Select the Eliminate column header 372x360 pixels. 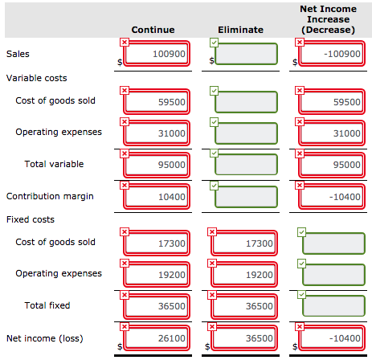[240, 30]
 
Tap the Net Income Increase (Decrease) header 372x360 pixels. [327, 19]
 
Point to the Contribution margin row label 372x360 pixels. [50, 196]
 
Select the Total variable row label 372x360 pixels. [54, 164]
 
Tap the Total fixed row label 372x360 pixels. [47, 305]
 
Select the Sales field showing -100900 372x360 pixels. [329, 54]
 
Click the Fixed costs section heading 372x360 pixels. [28, 219]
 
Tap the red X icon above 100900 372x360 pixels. [124, 41]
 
